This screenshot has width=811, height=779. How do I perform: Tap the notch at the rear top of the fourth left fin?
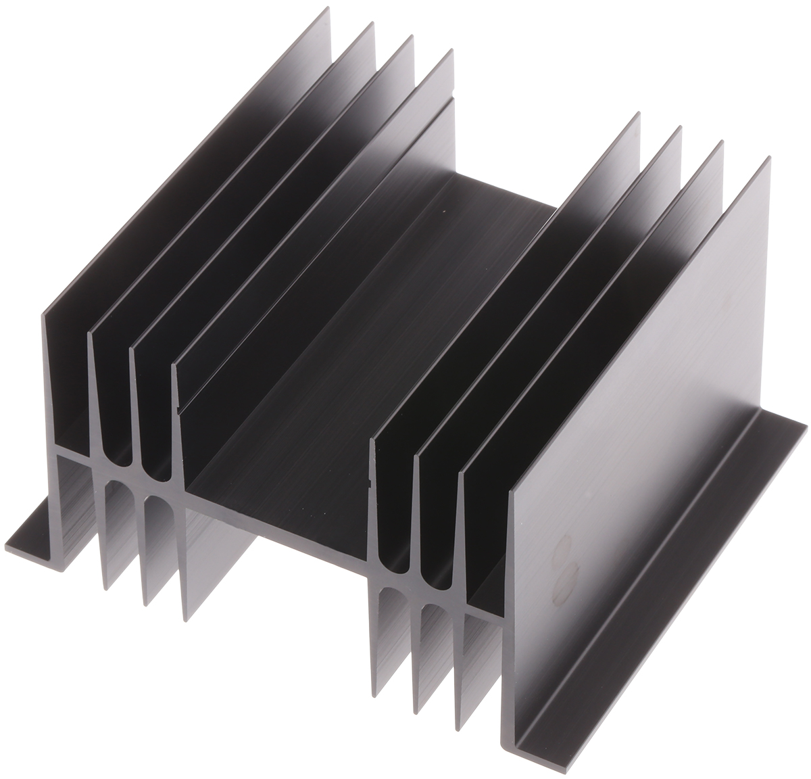point(451,91)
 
